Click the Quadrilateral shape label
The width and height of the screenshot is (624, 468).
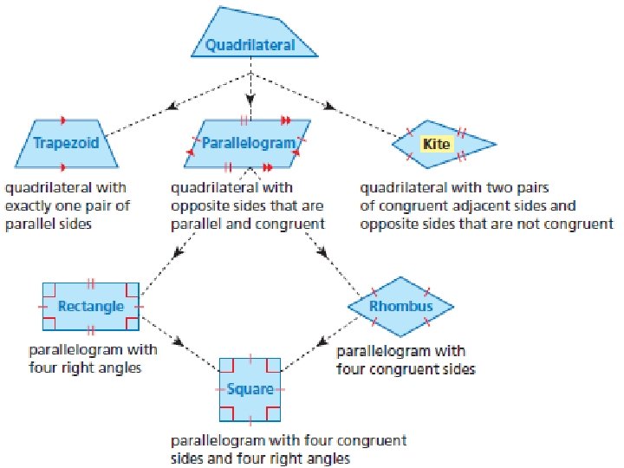coord(250,45)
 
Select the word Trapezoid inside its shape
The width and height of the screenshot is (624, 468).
coord(66,142)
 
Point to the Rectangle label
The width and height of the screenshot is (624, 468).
coord(90,306)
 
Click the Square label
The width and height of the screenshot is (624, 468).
coord(250,389)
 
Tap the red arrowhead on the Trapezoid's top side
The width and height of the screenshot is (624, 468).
coord(65,120)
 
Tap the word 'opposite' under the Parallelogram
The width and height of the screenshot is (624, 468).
coord(197,205)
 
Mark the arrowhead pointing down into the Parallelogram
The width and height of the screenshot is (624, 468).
coord(250,98)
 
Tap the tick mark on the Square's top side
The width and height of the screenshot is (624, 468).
coord(250,356)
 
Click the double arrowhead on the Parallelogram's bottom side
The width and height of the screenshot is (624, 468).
coord(268,166)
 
